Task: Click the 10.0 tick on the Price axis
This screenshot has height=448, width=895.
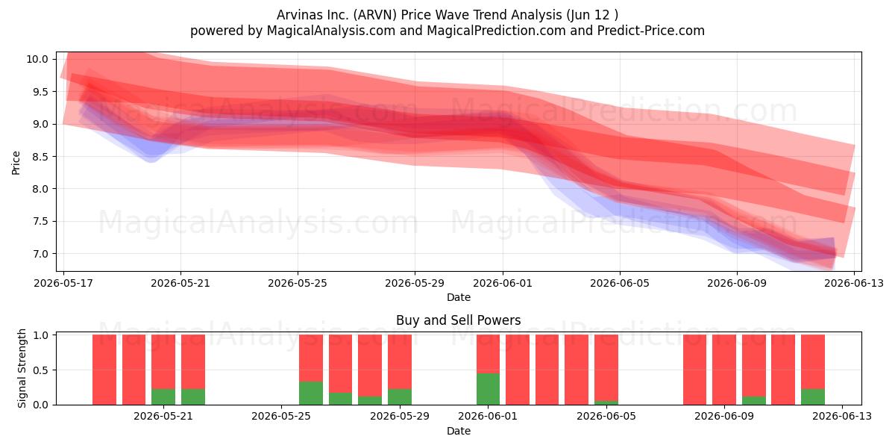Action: click(x=37, y=59)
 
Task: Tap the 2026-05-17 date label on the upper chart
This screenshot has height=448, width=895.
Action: click(x=63, y=283)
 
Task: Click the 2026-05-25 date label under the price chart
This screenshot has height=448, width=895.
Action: click(x=298, y=283)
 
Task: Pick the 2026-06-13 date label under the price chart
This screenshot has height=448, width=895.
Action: click(x=854, y=283)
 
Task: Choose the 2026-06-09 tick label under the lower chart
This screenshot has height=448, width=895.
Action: click(x=724, y=417)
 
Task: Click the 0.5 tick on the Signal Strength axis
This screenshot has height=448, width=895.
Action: click(x=40, y=370)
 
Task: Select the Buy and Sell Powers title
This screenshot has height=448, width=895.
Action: click(x=458, y=320)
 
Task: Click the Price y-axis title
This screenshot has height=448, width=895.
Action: click(x=16, y=163)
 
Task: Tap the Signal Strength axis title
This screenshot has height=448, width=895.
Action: click(x=22, y=368)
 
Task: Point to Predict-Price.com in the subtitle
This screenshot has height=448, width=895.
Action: click(x=651, y=31)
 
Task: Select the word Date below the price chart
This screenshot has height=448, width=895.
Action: click(x=458, y=298)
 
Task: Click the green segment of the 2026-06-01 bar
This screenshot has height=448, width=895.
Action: click(x=488, y=389)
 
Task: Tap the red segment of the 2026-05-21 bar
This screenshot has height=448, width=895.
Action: click(x=163, y=362)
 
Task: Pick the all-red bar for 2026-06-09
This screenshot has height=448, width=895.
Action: click(x=724, y=370)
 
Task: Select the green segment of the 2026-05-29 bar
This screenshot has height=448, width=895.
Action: click(x=400, y=396)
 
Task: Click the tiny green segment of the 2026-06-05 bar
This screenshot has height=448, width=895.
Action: click(x=606, y=402)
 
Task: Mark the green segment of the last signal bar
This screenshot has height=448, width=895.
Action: click(x=813, y=396)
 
